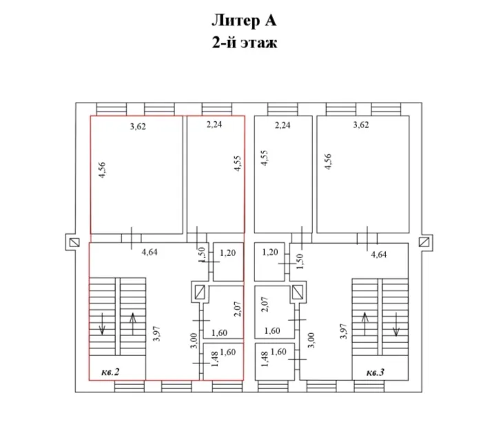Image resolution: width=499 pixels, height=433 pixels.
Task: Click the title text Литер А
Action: click(x=244, y=21)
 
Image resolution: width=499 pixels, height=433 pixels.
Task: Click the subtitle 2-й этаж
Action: click(x=245, y=43)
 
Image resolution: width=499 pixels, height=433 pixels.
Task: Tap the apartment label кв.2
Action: click(x=110, y=372)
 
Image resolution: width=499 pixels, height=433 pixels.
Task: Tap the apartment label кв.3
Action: click(x=375, y=372)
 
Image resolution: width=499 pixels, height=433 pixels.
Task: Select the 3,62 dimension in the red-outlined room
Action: click(x=138, y=127)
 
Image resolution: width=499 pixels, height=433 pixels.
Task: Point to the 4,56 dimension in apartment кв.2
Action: click(x=102, y=170)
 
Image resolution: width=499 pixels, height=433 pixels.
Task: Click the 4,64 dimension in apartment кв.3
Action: click(x=378, y=254)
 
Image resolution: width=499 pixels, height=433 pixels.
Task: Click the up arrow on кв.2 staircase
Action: click(x=133, y=324)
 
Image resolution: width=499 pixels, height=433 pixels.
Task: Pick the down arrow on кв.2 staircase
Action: click(x=102, y=324)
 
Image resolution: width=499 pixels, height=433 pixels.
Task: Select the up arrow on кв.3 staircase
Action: click(x=365, y=324)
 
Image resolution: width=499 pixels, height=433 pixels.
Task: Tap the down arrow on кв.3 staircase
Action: click(x=396, y=324)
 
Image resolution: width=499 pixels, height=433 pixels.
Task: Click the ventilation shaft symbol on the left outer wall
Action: click(x=74, y=242)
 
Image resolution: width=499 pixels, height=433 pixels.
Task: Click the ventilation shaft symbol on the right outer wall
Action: click(x=424, y=242)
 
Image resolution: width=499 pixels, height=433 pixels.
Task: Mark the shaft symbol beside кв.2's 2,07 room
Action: click(x=200, y=292)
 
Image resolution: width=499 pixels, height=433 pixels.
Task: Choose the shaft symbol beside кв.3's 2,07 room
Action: click(x=298, y=292)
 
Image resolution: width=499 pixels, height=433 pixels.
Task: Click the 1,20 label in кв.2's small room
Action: click(x=228, y=253)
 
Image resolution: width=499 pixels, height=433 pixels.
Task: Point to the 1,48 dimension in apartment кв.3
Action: click(x=265, y=359)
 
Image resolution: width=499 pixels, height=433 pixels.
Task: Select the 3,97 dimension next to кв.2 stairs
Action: click(x=156, y=334)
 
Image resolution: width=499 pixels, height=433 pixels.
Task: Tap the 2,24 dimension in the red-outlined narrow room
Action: click(x=214, y=125)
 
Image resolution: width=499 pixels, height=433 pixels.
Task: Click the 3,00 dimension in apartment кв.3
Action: click(x=312, y=340)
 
